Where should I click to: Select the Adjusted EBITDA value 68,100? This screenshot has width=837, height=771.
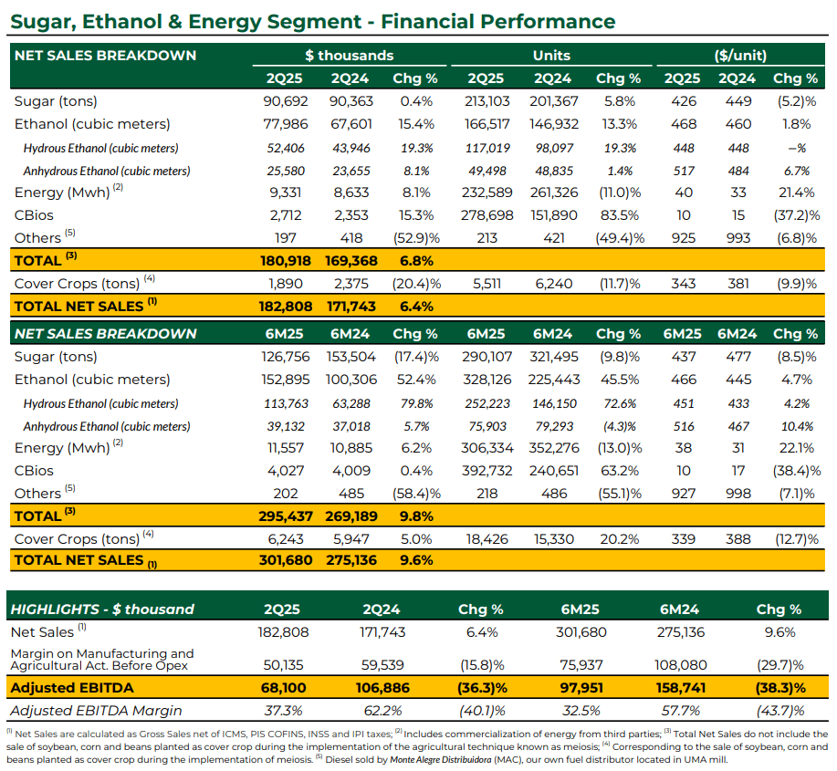pos(284,688)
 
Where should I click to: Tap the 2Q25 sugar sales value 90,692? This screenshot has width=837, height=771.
pos(286,101)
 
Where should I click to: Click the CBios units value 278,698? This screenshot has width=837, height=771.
pos(487,215)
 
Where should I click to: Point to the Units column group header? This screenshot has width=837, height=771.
pos(551,56)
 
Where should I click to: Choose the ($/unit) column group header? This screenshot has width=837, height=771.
pos(740,56)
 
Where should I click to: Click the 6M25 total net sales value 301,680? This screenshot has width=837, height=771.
pos(286,560)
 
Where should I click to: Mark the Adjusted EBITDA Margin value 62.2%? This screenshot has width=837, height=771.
pos(382,711)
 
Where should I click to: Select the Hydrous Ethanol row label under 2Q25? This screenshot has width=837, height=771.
pos(101,149)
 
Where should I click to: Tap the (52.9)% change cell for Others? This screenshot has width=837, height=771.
pos(416,238)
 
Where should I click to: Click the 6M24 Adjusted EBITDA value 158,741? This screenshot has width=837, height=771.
pos(681,688)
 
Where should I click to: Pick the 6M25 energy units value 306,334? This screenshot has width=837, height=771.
pos(487,448)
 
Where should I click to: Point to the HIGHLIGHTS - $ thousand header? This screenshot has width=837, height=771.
pos(102,610)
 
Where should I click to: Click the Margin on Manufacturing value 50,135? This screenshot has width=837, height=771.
pos(284,665)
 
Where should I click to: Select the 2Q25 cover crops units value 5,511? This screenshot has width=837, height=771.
pos(487,284)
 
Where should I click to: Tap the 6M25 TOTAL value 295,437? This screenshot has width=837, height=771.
pos(286,516)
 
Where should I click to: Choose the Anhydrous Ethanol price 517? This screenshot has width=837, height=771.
pos(684,172)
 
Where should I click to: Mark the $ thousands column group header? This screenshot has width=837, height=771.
pos(349,56)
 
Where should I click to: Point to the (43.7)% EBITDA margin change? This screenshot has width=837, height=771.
pos(780,711)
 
